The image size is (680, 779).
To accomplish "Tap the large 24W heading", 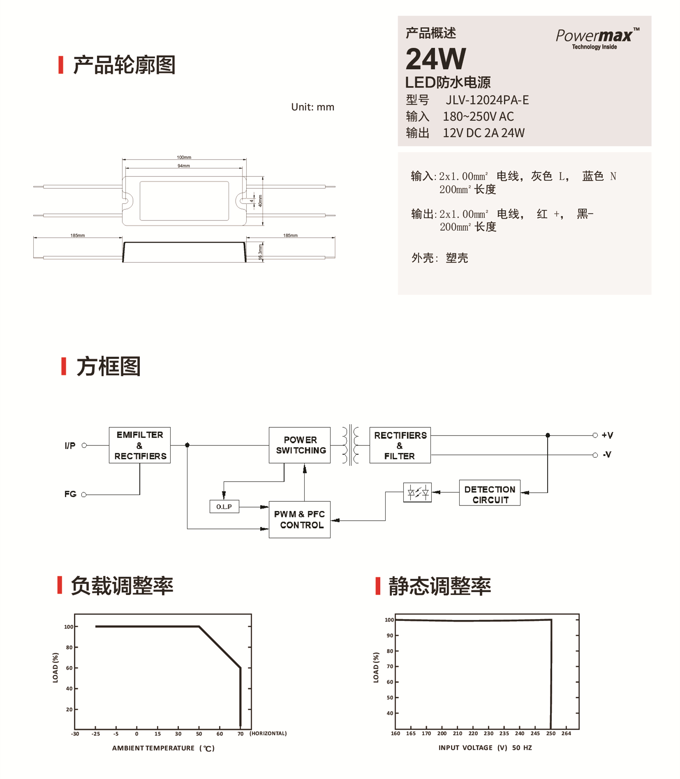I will (436, 59).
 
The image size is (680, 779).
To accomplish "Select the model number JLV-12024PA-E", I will (487, 100).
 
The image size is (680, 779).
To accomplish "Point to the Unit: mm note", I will (312, 107).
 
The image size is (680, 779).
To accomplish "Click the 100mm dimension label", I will (184, 157).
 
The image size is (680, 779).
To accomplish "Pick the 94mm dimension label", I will (184, 166).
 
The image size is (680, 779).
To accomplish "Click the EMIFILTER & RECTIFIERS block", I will (140, 445).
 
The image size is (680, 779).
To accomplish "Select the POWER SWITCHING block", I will (300, 445).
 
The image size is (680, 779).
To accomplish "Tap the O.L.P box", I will (224, 507).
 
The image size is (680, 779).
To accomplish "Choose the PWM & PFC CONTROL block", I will (300, 519).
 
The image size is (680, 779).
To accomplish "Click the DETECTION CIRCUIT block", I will (490, 493).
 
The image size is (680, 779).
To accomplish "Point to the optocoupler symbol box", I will (418, 492).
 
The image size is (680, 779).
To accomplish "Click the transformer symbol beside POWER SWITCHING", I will (350, 445).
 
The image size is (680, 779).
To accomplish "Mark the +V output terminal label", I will (607, 435).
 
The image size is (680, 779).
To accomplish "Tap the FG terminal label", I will (70, 494).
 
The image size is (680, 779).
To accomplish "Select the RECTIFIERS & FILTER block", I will (400, 445).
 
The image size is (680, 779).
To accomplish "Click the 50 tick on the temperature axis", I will (199, 734).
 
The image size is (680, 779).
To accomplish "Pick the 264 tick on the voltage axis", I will (566, 733).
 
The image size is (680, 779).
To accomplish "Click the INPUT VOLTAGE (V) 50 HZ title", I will (485, 748).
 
